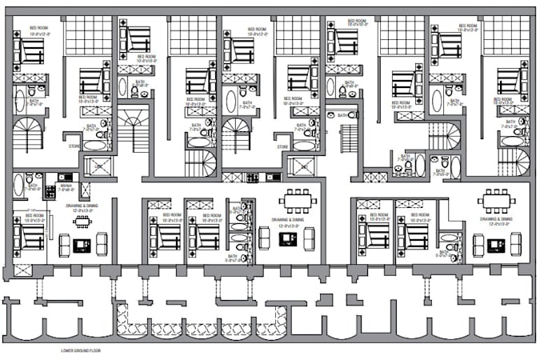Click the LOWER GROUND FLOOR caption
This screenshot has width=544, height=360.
coord(80,350)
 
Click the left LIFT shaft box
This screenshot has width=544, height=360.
coord(102,166)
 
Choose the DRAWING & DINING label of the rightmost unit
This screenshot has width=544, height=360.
coord(496,219)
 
